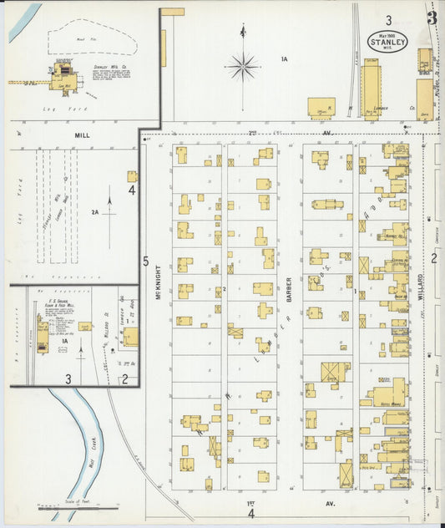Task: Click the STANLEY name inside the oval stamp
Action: pyautogui.click(x=388, y=43)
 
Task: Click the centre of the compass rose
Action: pyautogui.click(x=243, y=65)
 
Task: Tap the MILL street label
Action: pyautogui.click(x=82, y=134)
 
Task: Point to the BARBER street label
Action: pyautogui.click(x=290, y=288)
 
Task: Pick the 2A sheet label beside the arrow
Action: pyautogui.click(x=95, y=213)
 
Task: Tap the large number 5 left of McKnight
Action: pyautogui.click(x=145, y=261)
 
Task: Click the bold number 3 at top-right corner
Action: pyautogui.click(x=432, y=18)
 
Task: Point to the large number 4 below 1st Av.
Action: pyautogui.click(x=250, y=513)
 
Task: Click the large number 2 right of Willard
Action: pyautogui.click(x=433, y=257)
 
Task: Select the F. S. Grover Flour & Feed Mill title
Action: pyautogui.click(x=62, y=301)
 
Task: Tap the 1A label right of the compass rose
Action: pyautogui.click(x=284, y=58)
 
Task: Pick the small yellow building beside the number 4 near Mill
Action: pyautogui.click(x=132, y=176)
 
